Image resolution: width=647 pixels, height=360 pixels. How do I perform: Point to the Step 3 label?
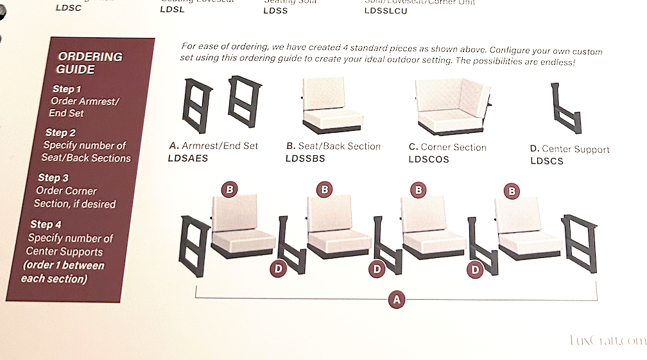[x=53, y=178]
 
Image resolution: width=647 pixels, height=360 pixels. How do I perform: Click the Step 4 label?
[x=46, y=224]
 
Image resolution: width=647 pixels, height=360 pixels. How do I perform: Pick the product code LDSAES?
[x=187, y=158]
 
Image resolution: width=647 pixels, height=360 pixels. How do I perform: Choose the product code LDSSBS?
[x=305, y=159]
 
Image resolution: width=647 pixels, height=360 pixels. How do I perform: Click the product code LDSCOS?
[x=429, y=159]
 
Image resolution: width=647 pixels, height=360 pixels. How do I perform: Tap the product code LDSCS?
[x=546, y=161]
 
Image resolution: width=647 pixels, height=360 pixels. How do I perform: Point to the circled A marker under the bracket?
[x=396, y=299]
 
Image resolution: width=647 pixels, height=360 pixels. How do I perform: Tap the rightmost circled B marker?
[x=512, y=191]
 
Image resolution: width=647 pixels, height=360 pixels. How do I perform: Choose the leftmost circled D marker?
[x=277, y=269]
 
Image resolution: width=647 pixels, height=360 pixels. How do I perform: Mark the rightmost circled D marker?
[x=475, y=270]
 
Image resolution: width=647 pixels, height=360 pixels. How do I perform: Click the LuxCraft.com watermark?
[x=607, y=341]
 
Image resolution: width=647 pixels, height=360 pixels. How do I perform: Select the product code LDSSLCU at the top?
[x=385, y=10]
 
